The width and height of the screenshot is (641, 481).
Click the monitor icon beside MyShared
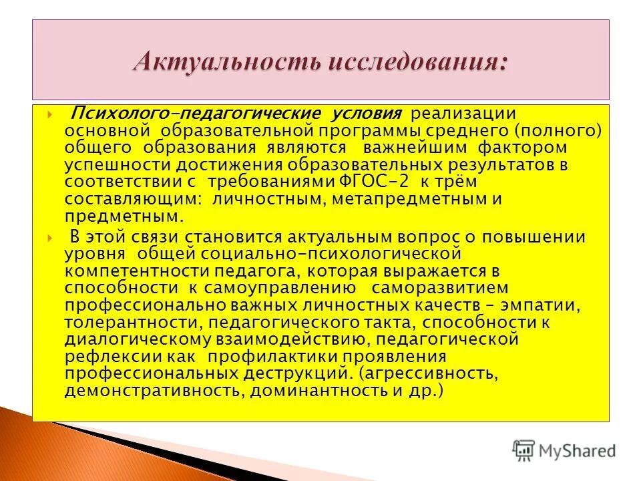coord(523,450)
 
